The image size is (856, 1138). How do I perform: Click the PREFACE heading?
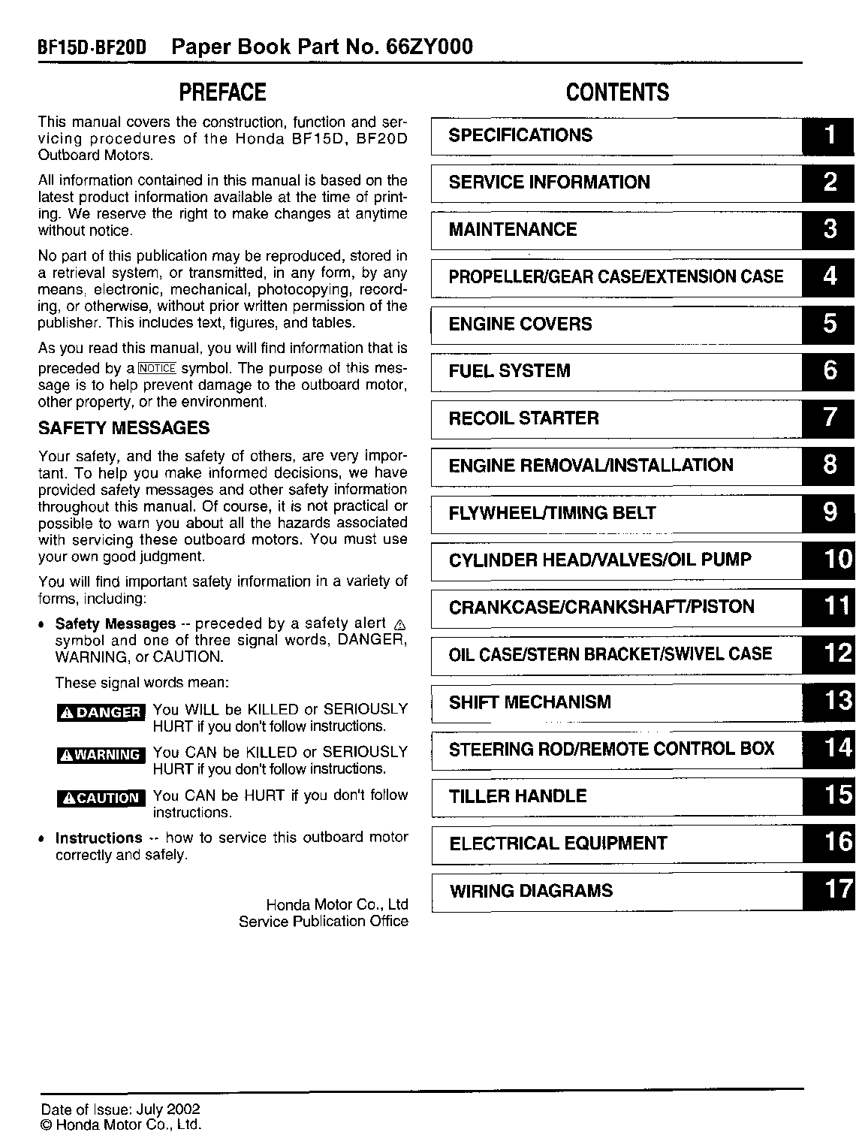(x=222, y=92)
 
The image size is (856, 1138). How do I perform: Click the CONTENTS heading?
(x=617, y=92)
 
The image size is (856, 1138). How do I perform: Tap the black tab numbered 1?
(x=829, y=136)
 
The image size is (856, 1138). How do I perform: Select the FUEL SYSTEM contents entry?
(x=509, y=371)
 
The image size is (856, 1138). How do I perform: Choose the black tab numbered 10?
(x=829, y=560)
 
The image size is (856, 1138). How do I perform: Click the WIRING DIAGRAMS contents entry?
(x=531, y=891)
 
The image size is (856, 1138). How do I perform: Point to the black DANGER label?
(x=101, y=712)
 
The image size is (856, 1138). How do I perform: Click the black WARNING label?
(x=101, y=755)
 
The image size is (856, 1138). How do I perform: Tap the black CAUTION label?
(x=101, y=798)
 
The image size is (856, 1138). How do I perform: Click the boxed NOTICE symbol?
(x=157, y=368)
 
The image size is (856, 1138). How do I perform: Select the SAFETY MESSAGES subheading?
(x=124, y=428)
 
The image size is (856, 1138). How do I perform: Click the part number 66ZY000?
(x=430, y=47)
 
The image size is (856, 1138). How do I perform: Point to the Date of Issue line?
(x=120, y=1109)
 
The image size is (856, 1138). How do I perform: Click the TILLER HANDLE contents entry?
(x=517, y=796)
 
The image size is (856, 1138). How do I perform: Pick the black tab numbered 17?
(x=829, y=890)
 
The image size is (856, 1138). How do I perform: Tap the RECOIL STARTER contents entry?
(x=523, y=418)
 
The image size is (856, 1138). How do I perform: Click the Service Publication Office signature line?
(x=323, y=921)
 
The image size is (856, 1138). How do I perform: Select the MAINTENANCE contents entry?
(x=513, y=229)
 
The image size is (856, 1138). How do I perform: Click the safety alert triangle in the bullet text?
(x=399, y=625)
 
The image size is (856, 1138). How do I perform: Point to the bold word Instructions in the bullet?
(x=98, y=838)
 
